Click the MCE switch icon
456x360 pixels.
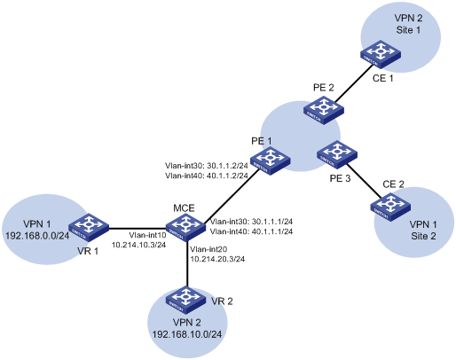pos(185,228)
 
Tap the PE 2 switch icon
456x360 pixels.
pos(324,112)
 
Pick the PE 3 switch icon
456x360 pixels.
pos(337,154)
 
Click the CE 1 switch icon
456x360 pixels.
pos(381,54)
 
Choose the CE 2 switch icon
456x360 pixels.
pos(390,207)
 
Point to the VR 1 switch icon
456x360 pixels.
pos(89,228)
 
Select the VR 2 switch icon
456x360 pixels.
pos(185,300)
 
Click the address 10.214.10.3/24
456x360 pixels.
pos(138,245)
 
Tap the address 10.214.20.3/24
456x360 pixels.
pos(217,259)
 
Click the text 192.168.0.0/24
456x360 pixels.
pos(37,236)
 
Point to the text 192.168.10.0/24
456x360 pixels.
pos(187,334)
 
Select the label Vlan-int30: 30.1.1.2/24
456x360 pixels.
pos(207,165)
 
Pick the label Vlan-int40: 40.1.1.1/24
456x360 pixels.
pos(251,231)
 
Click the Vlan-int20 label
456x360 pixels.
pos(208,250)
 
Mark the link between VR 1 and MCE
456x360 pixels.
pos(138,228)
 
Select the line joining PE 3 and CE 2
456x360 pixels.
pos(364,181)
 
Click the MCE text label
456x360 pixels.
pos(184,208)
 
